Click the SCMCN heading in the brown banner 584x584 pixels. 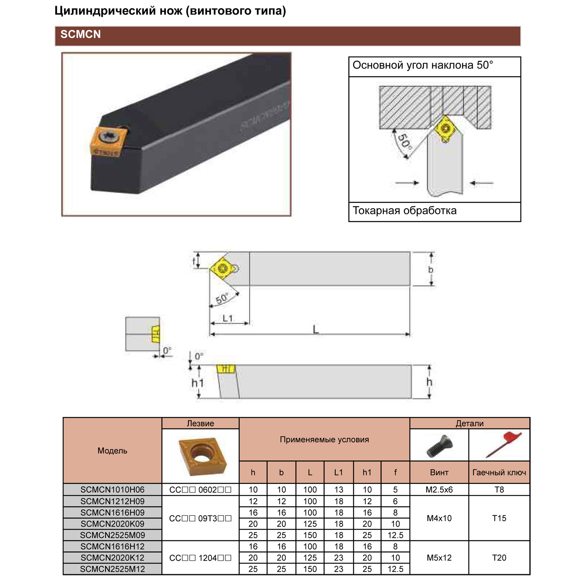81,35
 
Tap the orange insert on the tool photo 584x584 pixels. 109,142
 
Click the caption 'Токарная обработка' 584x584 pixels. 405,211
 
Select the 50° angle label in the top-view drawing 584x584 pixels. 222,299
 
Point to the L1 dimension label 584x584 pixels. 228,318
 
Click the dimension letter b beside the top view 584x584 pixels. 431,269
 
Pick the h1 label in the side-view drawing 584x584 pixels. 198,383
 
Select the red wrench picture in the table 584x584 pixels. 502,444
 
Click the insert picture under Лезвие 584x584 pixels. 201,456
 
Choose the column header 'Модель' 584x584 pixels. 113,451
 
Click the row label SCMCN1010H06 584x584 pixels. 113,490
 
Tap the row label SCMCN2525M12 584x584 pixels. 113,569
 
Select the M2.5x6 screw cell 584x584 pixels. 439,490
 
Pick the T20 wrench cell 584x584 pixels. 499,558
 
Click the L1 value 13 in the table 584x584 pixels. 339,490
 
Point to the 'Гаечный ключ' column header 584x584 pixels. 499,473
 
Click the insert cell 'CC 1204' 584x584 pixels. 201,558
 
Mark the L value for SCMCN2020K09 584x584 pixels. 310,524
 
